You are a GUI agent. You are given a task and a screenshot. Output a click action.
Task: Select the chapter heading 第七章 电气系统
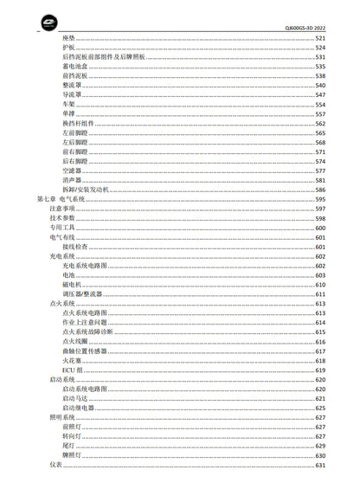(61, 199)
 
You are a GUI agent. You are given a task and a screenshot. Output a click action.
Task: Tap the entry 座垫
(68, 39)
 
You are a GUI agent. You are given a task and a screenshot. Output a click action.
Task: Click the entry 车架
(68, 105)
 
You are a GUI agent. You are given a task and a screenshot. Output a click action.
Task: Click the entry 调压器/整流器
(82, 294)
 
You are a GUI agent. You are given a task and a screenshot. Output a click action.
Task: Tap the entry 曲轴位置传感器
(85, 351)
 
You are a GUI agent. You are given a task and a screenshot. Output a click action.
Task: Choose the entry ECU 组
(73, 370)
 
